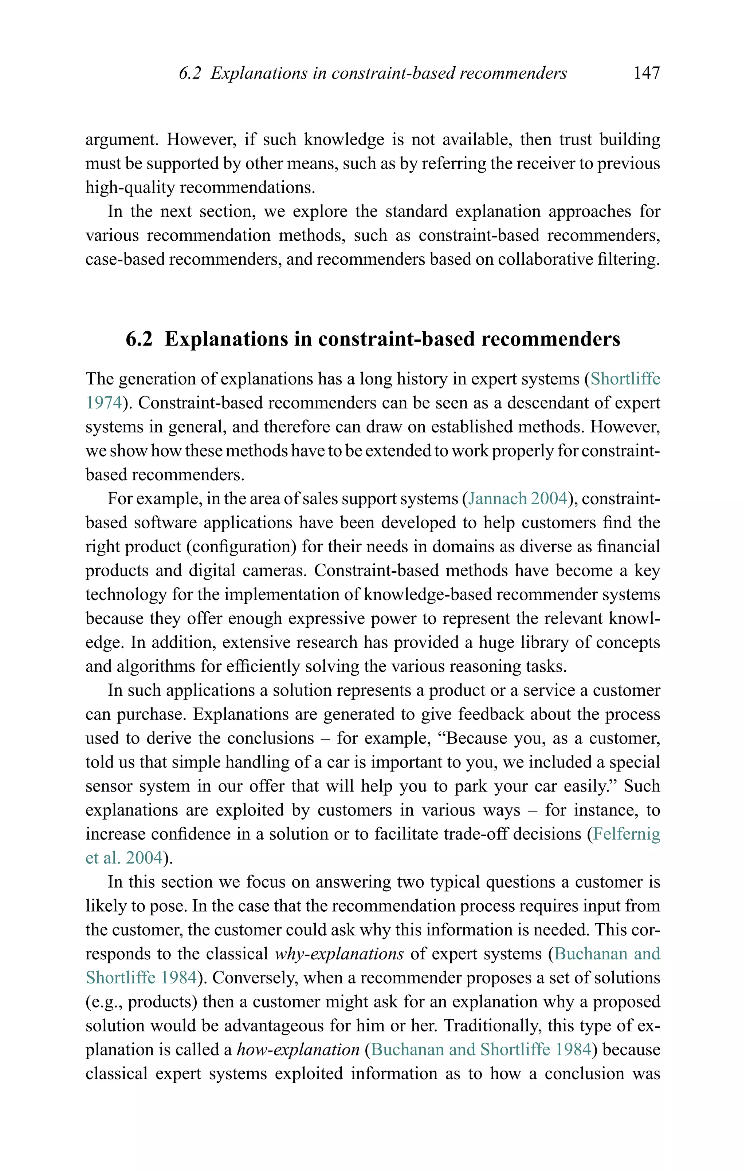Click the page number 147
[x=646, y=73]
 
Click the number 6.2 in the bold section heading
[x=139, y=339]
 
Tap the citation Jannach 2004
[x=518, y=499]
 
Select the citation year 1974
[x=103, y=403]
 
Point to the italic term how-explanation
[x=298, y=1049]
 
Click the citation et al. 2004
[x=124, y=858]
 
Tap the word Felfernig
[x=626, y=834]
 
